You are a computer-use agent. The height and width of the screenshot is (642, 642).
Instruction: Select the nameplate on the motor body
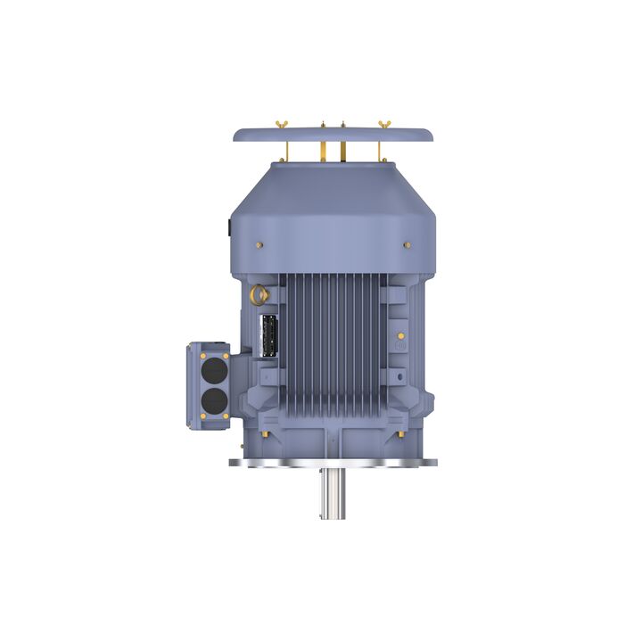click(267, 337)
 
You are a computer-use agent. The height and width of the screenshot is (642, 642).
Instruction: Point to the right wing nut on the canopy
click(384, 122)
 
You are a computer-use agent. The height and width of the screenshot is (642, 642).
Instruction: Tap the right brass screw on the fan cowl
click(407, 243)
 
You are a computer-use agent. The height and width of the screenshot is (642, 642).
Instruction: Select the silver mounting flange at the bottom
click(333, 462)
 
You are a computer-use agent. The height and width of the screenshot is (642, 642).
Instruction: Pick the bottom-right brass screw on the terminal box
click(226, 415)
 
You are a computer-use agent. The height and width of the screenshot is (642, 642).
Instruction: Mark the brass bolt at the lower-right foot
click(400, 433)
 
